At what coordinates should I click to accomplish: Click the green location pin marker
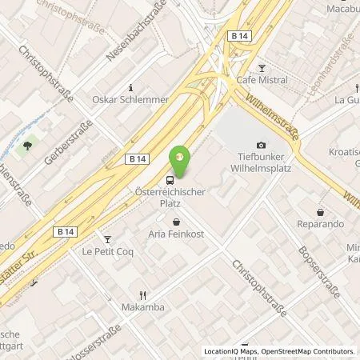[181, 157]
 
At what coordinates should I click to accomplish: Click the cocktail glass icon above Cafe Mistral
[261, 66]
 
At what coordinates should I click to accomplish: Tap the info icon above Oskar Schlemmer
[131, 86]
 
